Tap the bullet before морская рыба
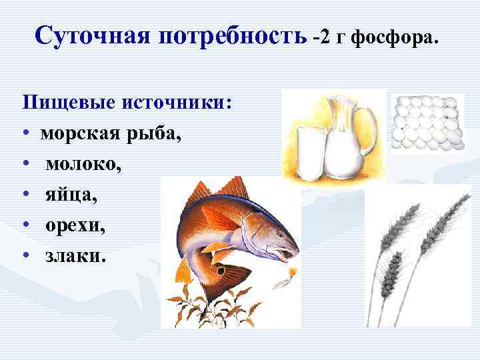[24, 135]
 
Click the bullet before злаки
[24, 256]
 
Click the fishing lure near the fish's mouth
[292, 272]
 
